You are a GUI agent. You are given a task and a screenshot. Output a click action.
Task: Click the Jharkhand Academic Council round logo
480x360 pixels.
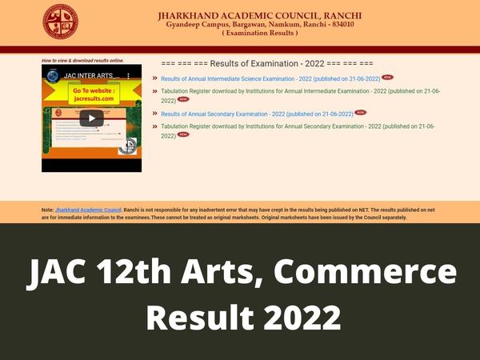point(61,22)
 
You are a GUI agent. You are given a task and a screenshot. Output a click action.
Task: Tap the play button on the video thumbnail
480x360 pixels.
point(91,118)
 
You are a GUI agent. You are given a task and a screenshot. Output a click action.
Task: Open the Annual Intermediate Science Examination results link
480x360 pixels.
point(270,78)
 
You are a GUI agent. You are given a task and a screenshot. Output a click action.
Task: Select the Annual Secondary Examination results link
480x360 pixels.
point(256,114)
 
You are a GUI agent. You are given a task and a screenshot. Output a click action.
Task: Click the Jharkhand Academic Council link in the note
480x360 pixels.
point(87,210)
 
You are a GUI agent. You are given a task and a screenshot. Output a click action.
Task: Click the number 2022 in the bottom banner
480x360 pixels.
point(300,320)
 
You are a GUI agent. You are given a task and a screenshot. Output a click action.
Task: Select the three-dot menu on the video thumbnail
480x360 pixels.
point(130,75)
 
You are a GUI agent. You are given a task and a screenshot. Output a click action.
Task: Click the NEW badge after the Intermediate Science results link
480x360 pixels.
point(388,78)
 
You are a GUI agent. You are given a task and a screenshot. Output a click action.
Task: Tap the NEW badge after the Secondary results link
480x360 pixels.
point(360,113)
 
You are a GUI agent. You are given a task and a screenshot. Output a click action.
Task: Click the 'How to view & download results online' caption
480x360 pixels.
point(82,60)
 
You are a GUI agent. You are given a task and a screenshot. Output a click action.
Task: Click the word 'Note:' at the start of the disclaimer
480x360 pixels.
point(47,210)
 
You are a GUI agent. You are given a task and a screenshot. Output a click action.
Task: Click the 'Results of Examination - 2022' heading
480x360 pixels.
point(267,62)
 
